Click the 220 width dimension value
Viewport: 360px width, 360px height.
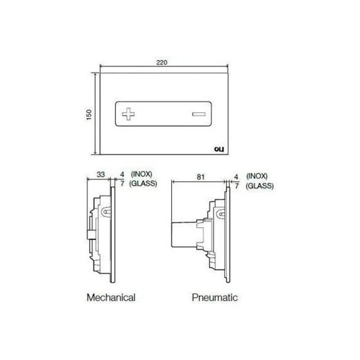162,63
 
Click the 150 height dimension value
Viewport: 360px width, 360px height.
89,114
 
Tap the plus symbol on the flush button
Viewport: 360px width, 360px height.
128,114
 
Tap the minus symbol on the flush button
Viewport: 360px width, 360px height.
199,114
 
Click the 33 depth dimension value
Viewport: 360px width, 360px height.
100,174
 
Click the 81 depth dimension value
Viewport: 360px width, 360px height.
200,177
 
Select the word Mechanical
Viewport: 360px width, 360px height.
111,297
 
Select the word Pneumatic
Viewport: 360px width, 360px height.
215,297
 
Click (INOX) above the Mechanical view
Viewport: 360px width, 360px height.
141,174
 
